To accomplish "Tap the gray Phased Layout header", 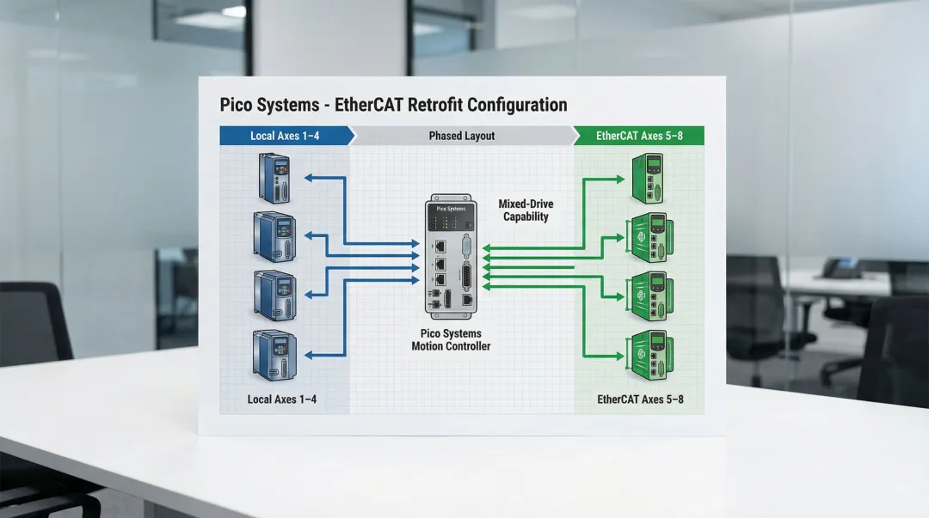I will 462,136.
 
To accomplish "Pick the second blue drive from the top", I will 274,235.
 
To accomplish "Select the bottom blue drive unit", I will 274,354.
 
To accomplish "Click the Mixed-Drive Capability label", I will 526,210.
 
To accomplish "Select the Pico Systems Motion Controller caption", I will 451,339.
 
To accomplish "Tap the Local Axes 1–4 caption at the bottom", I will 281,399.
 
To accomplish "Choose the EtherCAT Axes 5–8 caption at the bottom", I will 640,399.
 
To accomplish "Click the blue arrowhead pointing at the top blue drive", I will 311,179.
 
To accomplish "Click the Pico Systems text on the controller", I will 450,209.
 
